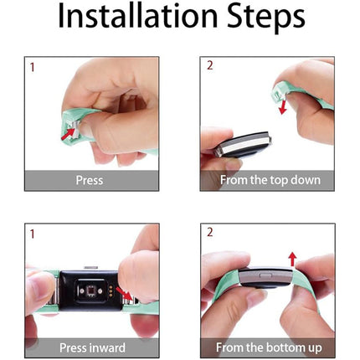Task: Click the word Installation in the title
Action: tap(137, 16)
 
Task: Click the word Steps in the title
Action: tap(266, 18)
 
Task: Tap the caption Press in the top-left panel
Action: tap(90, 180)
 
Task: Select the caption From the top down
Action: tap(270, 180)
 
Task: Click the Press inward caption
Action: tap(92, 348)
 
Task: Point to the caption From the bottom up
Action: tap(269, 347)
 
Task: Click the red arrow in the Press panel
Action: tap(69, 133)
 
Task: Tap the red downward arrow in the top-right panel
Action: tap(283, 108)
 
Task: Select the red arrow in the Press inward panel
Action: tap(124, 293)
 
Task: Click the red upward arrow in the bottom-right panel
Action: tap(292, 260)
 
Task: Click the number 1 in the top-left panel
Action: tap(33, 68)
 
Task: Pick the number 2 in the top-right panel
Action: tap(210, 65)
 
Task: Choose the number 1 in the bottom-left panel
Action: tap(33, 234)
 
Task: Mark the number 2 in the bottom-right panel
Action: tap(210, 232)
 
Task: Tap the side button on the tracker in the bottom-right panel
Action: tap(265, 275)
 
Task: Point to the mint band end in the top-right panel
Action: tap(280, 94)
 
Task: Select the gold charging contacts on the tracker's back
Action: tap(111, 291)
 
